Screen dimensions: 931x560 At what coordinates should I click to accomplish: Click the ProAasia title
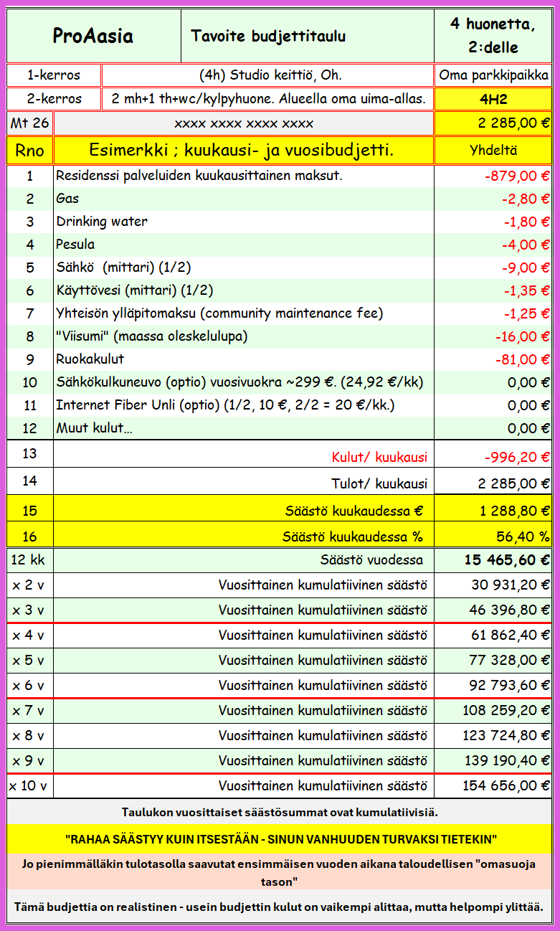tap(93, 36)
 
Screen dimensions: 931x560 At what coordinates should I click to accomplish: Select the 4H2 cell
tap(493, 99)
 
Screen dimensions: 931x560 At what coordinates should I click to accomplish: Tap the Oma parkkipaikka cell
tap(494, 75)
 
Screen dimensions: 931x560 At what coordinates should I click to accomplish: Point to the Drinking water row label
tap(102, 222)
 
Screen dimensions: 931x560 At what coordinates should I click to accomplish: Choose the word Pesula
tap(75, 245)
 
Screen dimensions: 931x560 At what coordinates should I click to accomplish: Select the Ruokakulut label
tap(90, 359)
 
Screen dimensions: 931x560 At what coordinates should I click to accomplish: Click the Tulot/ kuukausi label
tap(379, 483)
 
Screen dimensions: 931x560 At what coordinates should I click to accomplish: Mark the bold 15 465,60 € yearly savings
tap(508, 560)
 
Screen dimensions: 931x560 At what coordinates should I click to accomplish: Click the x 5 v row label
tap(28, 660)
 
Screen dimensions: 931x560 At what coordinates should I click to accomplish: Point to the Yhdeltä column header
tap(493, 151)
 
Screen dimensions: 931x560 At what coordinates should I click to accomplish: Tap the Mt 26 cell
tap(29, 123)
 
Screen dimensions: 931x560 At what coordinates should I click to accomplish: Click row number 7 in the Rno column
tap(29, 313)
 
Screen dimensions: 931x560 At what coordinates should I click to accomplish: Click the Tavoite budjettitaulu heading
tap(268, 36)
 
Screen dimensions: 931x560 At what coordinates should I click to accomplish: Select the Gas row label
tap(67, 199)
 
